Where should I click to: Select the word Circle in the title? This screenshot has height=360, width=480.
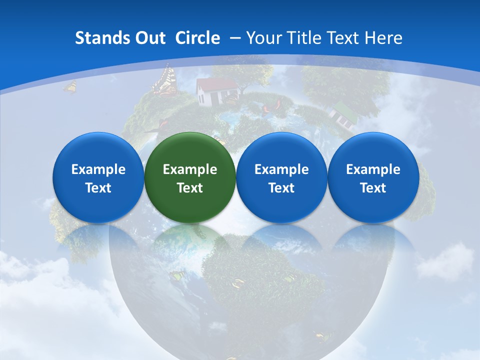click(x=197, y=38)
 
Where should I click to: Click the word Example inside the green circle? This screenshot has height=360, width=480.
click(x=190, y=169)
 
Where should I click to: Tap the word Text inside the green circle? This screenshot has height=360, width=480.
click(x=190, y=188)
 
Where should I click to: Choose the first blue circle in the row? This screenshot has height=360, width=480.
click(x=98, y=177)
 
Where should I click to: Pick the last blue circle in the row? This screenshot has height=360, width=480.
click(x=373, y=177)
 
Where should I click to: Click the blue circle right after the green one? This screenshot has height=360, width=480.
click(x=281, y=177)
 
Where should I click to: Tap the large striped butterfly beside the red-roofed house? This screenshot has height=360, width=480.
click(x=165, y=80)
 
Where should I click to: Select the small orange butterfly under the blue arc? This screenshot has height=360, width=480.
click(x=70, y=87)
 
